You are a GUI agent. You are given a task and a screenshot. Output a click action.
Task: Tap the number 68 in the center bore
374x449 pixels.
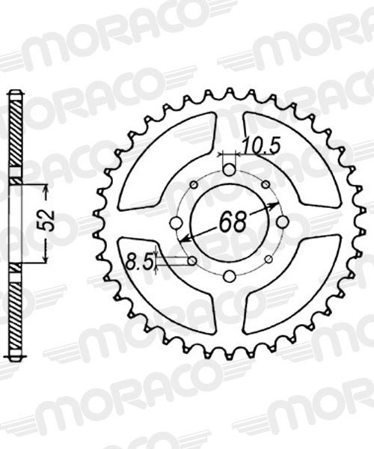point(231,222)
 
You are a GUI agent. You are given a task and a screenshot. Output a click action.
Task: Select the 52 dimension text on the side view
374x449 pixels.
point(52,224)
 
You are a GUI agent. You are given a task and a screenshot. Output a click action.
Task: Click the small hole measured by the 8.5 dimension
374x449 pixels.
point(193,260)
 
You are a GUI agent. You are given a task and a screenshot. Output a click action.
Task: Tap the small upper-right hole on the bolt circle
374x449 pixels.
point(266,186)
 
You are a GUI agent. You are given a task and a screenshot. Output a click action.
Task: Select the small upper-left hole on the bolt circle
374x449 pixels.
point(193,186)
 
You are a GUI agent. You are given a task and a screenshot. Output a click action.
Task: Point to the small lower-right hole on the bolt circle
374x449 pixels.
point(266,260)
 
